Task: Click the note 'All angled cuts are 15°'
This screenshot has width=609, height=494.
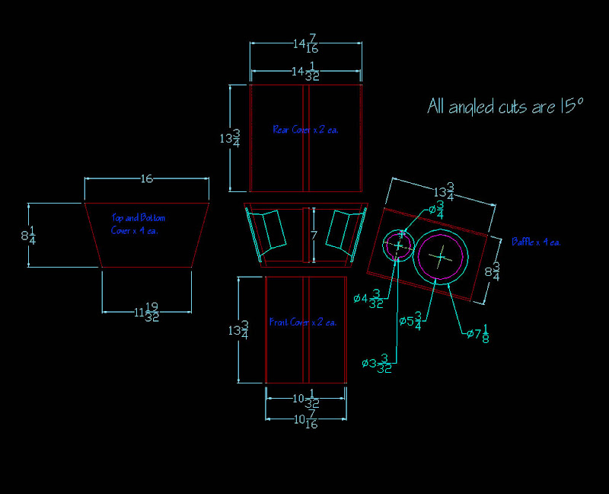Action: (x=505, y=106)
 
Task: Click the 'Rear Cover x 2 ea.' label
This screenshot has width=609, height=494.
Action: (x=305, y=130)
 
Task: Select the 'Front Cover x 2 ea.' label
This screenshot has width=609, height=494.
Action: (x=303, y=322)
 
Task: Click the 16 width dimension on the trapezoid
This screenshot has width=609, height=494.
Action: (x=147, y=179)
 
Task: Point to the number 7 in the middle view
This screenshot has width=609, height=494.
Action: (x=313, y=236)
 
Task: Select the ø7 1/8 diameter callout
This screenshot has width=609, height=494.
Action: (x=477, y=333)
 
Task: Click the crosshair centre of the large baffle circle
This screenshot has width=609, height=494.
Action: (x=442, y=257)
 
